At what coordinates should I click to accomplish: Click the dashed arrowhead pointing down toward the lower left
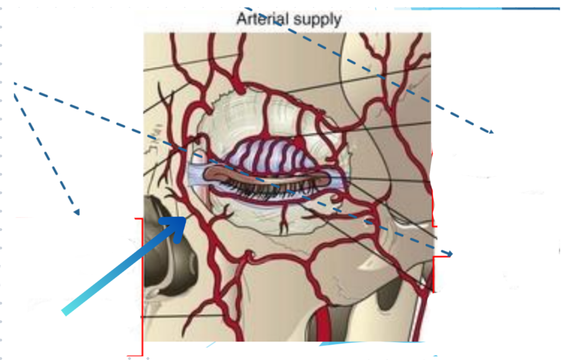(x=76, y=212)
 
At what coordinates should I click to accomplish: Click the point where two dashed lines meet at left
(x=15, y=83)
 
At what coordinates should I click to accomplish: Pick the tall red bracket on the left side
(x=141, y=287)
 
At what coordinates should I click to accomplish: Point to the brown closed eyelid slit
(x=267, y=177)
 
